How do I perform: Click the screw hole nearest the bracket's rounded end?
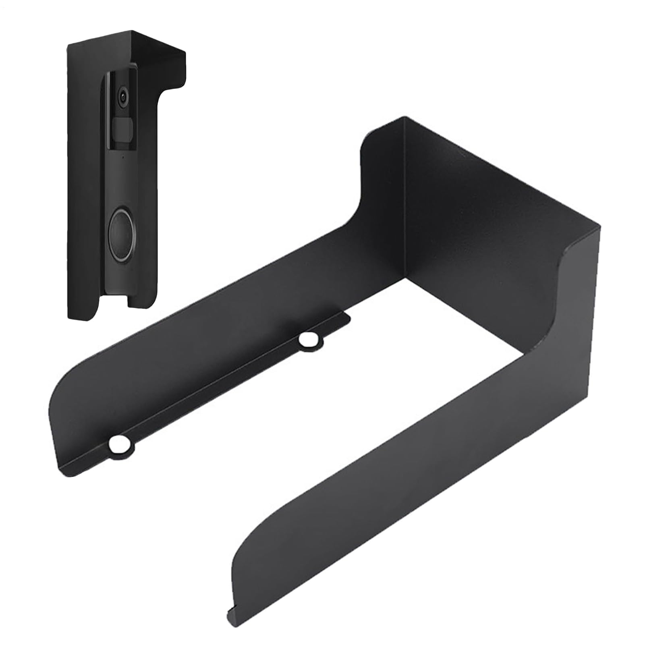120,444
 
